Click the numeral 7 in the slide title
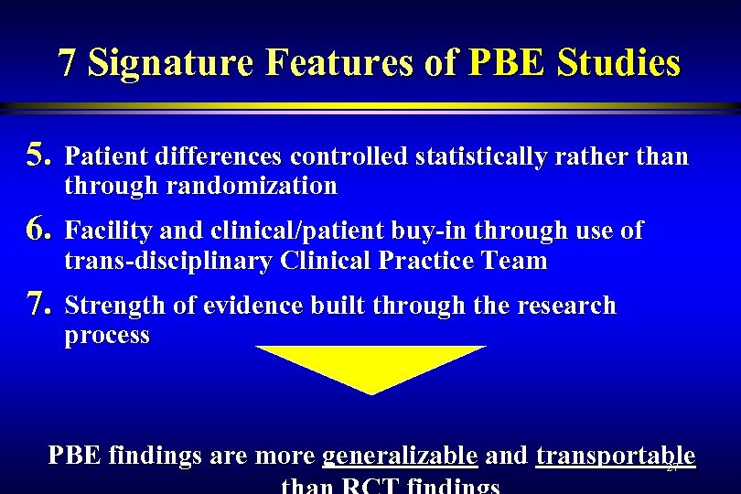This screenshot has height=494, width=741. [67, 63]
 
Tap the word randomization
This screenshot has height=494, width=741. [251, 187]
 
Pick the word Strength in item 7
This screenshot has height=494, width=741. [107, 305]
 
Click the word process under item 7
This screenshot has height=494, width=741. [107, 335]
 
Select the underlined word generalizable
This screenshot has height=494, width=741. [401, 456]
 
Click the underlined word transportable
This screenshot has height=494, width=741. [616, 456]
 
